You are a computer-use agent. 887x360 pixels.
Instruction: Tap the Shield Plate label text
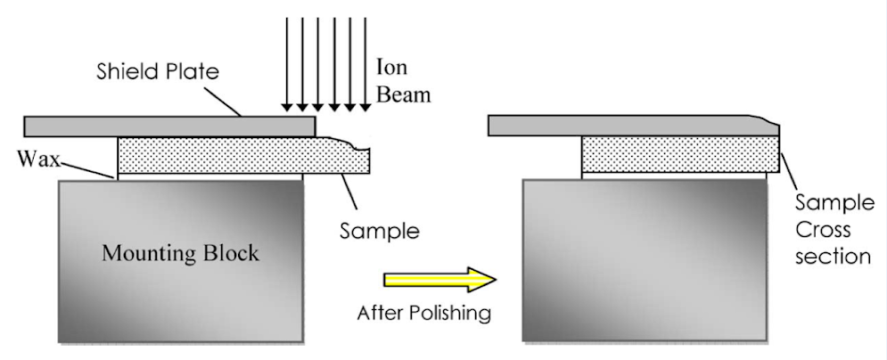pos(158,71)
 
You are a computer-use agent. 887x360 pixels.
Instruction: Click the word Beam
pos(402,94)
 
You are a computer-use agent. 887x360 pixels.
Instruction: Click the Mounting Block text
pos(180,253)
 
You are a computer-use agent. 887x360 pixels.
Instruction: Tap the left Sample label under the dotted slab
pos(379,232)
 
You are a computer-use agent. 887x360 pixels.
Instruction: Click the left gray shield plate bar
pos(169,126)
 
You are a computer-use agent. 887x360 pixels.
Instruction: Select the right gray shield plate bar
pos(624,126)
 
